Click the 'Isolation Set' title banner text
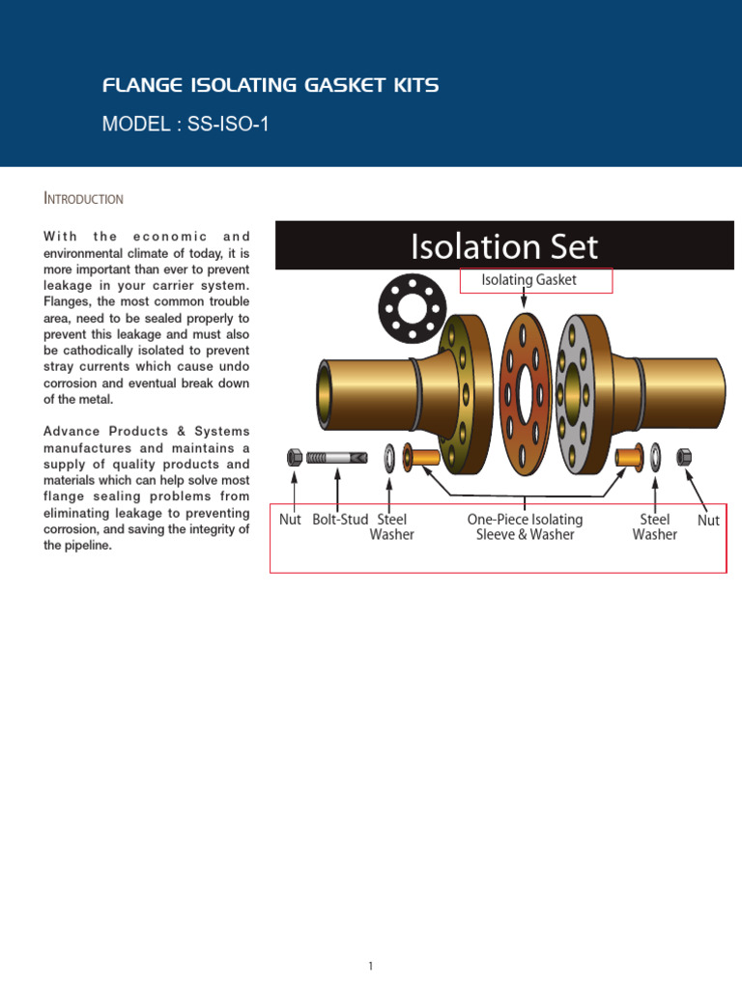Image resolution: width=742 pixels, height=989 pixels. click(x=504, y=246)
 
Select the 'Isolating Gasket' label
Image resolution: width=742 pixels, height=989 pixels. click(x=528, y=280)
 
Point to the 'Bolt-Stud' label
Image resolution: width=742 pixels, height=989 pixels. click(x=340, y=520)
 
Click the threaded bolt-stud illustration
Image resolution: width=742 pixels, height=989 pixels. click(x=336, y=456)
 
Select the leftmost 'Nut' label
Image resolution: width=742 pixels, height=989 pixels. click(x=290, y=520)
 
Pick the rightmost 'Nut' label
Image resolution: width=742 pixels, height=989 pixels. click(x=708, y=521)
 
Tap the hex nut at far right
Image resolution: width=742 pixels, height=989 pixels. click(x=683, y=455)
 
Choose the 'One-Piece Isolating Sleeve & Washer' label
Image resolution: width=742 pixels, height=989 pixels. click(x=525, y=527)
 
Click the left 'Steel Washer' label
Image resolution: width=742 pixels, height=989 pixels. click(x=391, y=527)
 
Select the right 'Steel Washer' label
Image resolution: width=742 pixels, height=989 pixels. click(x=654, y=527)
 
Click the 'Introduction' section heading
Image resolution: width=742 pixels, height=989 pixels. click(x=84, y=199)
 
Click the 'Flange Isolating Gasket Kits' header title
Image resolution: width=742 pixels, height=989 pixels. click(x=271, y=86)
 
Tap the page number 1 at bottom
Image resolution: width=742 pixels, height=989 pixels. click(x=371, y=939)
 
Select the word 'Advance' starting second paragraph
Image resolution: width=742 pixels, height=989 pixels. click(x=71, y=431)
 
